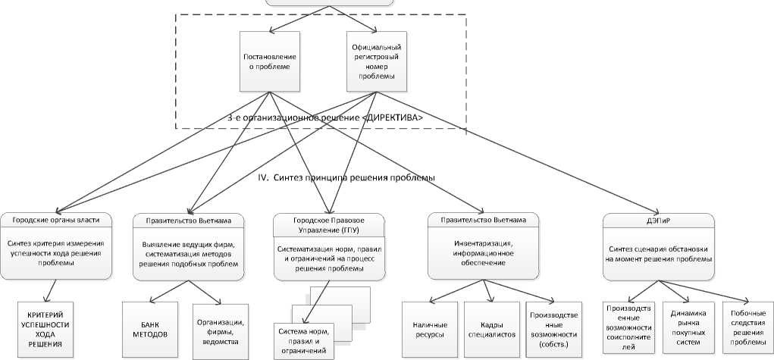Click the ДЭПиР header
tap(658, 221)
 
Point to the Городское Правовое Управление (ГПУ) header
tap(328, 225)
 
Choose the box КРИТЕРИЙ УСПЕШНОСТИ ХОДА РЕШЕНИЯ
tap(52, 327)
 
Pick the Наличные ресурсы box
tap(429, 328)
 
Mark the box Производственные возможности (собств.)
tap(554, 328)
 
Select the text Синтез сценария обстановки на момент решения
tap(658, 253)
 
